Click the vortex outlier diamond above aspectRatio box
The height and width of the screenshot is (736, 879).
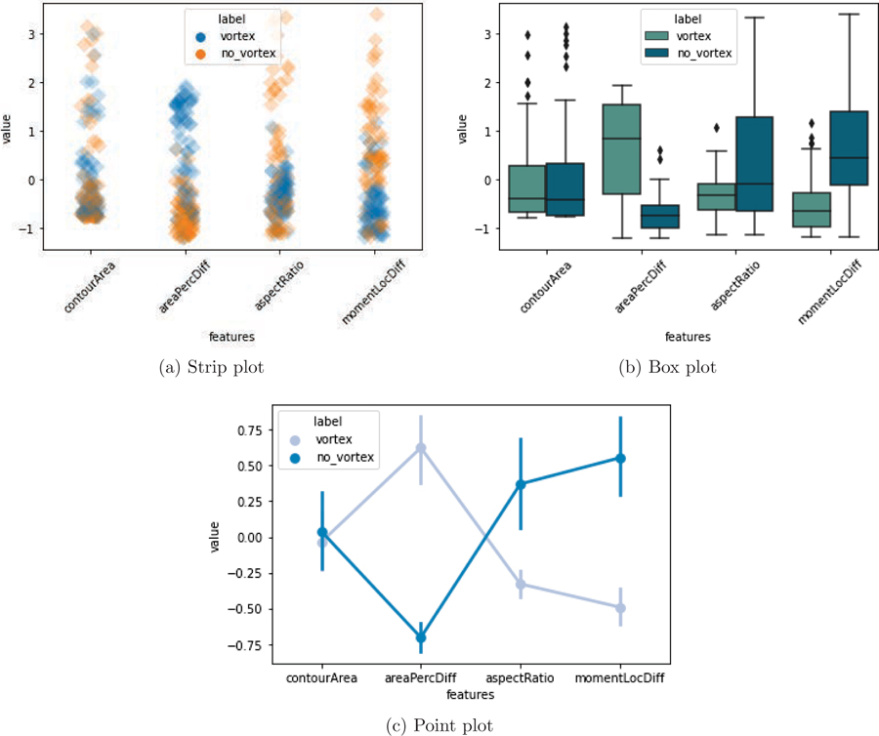pos(716,128)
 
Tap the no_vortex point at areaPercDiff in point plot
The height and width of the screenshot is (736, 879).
pos(421,637)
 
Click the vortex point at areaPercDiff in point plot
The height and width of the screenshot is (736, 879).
pos(421,449)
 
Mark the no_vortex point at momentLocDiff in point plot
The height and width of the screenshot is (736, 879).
pos(620,459)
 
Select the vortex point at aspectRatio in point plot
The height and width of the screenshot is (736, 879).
pos(521,585)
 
